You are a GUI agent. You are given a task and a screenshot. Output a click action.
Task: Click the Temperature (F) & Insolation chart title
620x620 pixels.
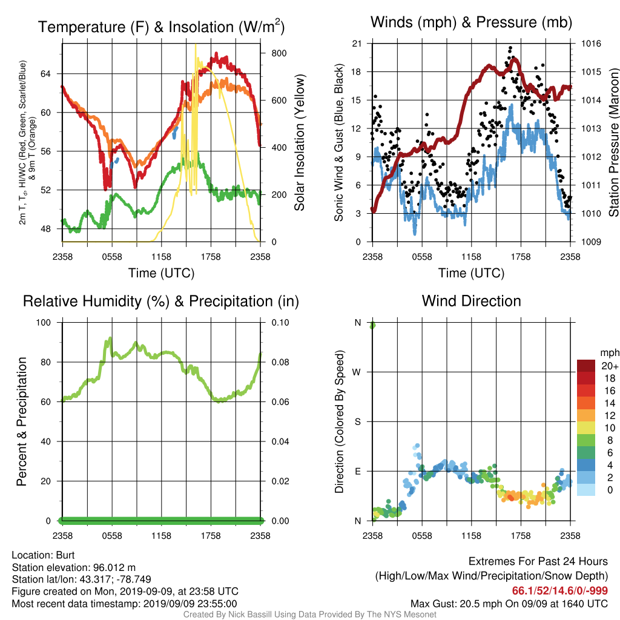(161, 27)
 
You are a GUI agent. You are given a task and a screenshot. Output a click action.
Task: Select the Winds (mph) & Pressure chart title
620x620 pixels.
(471, 22)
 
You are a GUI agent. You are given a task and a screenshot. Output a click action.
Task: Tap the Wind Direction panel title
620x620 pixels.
(471, 301)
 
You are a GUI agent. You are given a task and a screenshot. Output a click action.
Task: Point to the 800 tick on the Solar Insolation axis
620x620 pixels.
(279, 53)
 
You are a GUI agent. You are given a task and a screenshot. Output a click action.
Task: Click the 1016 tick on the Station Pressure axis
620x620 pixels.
(591, 44)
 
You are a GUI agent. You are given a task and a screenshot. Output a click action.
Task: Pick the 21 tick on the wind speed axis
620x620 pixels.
(357, 44)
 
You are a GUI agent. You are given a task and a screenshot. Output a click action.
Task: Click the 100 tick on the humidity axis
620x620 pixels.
(44, 322)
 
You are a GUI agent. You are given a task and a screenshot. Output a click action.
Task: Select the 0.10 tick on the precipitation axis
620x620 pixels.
(280, 322)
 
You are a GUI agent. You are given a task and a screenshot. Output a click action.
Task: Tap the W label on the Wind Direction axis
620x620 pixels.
(357, 372)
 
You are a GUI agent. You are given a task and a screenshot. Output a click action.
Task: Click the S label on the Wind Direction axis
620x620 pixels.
(357, 421)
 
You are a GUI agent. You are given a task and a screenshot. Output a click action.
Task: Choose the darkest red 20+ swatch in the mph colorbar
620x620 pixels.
(586, 366)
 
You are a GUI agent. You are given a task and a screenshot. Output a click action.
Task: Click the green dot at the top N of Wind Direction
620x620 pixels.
(372, 325)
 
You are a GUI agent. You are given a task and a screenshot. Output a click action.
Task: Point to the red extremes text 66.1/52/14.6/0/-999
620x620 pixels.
(560, 590)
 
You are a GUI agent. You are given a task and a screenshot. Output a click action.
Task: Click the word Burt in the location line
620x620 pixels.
(65, 555)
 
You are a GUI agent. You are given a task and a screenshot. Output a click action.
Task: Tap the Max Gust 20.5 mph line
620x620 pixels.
(509, 604)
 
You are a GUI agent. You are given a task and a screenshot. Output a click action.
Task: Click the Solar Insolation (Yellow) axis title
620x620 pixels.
(299, 142)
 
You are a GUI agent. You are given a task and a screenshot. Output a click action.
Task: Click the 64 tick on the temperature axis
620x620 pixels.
(45, 73)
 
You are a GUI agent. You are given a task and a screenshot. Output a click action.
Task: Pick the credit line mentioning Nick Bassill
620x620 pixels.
(309, 615)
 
